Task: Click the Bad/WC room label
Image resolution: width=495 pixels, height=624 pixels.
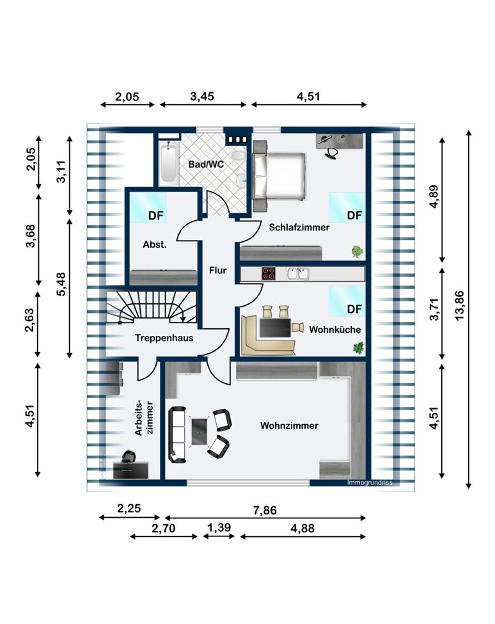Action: [x=206, y=164]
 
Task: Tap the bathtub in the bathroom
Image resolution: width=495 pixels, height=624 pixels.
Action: [x=169, y=163]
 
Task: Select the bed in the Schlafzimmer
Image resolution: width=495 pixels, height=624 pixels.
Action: [x=279, y=176]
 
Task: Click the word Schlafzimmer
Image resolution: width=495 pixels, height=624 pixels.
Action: [x=299, y=227]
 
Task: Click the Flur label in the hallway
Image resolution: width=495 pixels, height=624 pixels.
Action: [x=218, y=270]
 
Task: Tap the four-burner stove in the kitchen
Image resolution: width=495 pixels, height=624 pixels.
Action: [x=269, y=273]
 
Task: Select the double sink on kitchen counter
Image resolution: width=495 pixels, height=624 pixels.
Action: [x=298, y=273]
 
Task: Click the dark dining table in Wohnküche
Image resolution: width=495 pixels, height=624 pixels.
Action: [x=275, y=328]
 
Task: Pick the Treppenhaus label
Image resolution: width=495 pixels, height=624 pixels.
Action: [x=164, y=338]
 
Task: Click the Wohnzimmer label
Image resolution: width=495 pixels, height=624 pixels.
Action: [x=289, y=426]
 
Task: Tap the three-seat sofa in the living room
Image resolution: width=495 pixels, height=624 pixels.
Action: [x=177, y=434]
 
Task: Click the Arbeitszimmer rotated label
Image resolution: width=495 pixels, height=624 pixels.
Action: [x=144, y=418]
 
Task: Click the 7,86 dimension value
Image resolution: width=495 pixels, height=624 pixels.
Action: [x=265, y=510]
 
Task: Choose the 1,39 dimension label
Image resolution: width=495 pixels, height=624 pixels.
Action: [x=219, y=527]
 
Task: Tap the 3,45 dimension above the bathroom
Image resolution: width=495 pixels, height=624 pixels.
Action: [x=202, y=96]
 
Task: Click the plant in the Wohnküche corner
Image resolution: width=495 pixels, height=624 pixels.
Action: [x=359, y=347]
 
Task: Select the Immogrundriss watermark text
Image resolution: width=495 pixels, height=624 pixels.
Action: [x=370, y=483]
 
